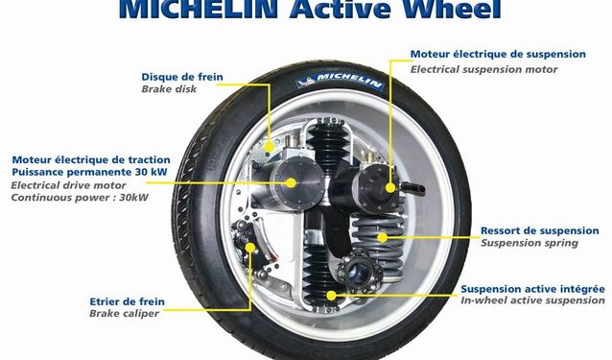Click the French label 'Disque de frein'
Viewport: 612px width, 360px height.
pos(182,77)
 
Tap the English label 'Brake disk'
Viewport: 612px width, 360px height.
pos(169,89)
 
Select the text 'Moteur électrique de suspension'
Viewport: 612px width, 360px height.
pos(498,54)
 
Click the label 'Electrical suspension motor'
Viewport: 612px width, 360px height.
pos(484,69)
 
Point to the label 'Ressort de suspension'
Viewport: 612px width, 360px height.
pos(540,230)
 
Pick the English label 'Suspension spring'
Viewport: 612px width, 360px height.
pos(530,243)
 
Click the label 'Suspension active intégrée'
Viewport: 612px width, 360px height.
pos(532,289)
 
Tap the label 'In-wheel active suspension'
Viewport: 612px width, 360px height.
pos(532,300)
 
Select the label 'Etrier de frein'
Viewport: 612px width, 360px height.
pos(128,301)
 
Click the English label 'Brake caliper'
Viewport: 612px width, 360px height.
pos(124,313)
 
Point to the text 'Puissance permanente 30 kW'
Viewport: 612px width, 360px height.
pos(89,172)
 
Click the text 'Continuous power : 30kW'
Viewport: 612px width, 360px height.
pos(80,197)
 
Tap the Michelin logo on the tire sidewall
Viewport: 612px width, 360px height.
pos(341,80)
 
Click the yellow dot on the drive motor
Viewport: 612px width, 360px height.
pos(291,182)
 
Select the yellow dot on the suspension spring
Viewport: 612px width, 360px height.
pos(382,237)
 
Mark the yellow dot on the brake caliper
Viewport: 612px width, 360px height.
pos(250,248)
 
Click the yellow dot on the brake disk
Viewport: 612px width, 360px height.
pos(269,147)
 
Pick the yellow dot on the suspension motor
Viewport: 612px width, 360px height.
pos(390,188)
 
